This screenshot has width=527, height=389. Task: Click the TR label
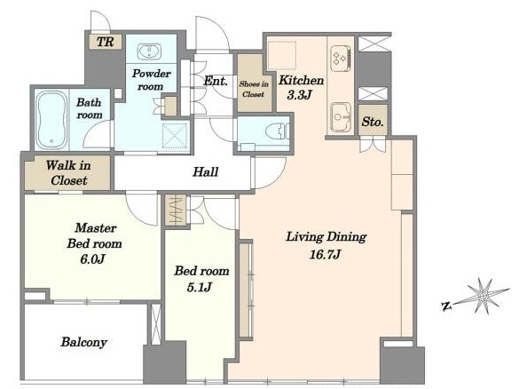(x=105, y=42)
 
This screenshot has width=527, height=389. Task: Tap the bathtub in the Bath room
(x=51, y=120)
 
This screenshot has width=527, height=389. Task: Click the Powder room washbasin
(x=149, y=52)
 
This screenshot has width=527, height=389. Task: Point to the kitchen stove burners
(x=341, y=59)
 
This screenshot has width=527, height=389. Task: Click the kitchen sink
(x=341, y=116)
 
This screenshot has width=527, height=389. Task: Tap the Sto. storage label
(x=373, y=122)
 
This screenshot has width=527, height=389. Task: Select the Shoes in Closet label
(x=254, y=89)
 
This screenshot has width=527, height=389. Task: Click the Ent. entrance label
(x=216, y=81)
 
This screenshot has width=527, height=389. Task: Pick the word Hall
(x=205, y=172)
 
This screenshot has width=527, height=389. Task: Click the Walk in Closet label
(x=68, y=173)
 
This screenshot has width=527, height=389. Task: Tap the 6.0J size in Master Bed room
(x=93, y=259)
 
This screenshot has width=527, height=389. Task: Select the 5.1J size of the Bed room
(x=199, y=287)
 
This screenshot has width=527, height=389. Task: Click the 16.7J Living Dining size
(x=325, y=254)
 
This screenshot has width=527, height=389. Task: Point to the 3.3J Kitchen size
(x=299, y=95)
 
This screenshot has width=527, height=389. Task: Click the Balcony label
(x=83, y=342)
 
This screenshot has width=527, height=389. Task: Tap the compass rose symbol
(x=483, y=296)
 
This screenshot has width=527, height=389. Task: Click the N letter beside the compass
(x=446, y=306)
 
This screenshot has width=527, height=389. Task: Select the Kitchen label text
(x=301, y=81)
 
